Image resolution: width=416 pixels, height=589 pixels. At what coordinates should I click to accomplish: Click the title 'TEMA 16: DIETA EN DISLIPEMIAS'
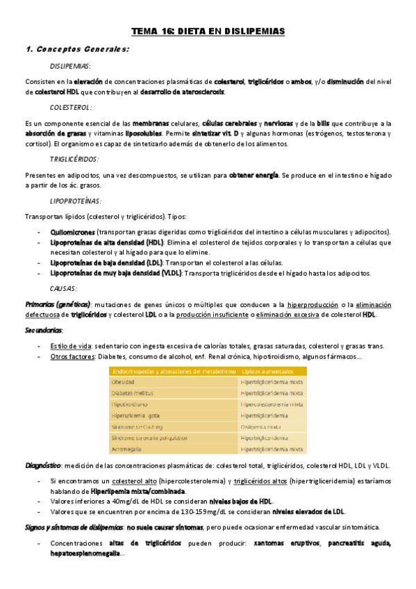[x=208, y=31]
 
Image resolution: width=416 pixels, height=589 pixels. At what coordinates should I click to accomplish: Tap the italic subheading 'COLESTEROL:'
[x=71, y=108]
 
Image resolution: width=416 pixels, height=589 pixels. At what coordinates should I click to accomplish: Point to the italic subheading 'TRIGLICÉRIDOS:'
[x=74, y=159]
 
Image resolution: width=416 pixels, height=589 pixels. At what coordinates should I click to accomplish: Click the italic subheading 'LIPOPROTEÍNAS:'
[x=76, y=201]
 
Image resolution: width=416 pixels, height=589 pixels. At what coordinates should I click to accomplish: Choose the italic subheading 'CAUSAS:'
[x=64, y=288]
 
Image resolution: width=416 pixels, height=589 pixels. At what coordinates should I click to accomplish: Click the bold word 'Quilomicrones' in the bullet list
[x=73, y=231]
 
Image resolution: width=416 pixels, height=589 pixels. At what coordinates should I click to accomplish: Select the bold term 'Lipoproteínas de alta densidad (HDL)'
[x=106, y=242]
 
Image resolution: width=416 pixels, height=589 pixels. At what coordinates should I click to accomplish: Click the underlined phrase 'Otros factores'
[x=71, y=356]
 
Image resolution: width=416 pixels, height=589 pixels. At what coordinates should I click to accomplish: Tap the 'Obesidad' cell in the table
[x=123, y=382]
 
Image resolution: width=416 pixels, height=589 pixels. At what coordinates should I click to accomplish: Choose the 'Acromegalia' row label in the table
[x=127, y=449]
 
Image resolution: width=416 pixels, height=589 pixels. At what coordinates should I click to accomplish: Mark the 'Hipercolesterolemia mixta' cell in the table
[x=272, y=404]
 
